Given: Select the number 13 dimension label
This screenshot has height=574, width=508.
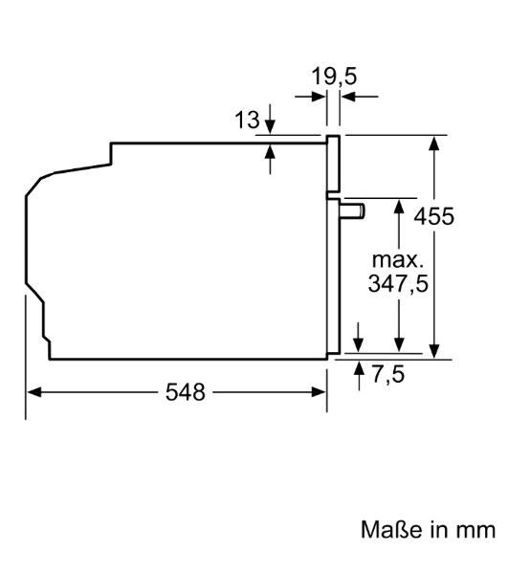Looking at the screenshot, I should [x=247, y=121].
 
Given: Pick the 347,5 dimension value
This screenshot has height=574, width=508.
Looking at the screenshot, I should [x=397, y=284].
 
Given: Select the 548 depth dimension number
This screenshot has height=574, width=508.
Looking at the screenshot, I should [x=185, y=392].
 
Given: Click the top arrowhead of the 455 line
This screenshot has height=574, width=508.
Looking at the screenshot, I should [x=435, y=142].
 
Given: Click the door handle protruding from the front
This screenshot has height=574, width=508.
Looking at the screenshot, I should [x=354, y=209].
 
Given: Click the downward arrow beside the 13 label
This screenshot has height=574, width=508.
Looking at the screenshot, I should [x=270, y=128].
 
